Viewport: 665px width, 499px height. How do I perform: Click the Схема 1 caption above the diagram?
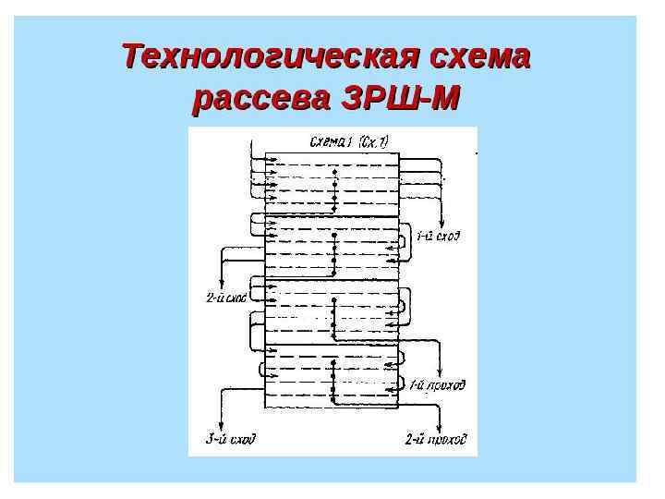331,141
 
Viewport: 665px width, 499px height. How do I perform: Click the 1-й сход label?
438,237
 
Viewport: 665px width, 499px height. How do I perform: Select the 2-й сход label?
225,298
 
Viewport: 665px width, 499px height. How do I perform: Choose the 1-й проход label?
437,384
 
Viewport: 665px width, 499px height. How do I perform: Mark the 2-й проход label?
436,439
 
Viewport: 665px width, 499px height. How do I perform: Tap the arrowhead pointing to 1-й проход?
403,384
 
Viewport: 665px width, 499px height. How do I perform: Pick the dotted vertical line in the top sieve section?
335,189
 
